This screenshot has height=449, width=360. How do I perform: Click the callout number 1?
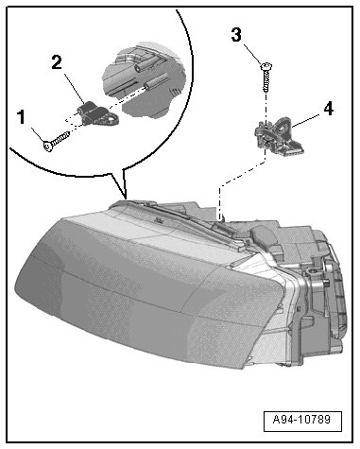(21, 117)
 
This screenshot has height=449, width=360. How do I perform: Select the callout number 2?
(57, 63)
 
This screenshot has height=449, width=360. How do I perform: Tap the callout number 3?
(236, 35)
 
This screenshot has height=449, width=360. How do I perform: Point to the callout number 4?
(328, 109)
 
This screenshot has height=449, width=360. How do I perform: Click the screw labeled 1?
(56, 141)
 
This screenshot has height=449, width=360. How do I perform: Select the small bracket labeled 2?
(97, 113)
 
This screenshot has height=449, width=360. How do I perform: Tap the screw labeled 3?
(266, 77)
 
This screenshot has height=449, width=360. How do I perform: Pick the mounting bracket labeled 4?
(279, 137)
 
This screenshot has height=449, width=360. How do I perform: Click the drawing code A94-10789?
(301, 420)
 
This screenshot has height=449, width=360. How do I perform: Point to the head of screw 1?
(48, 147)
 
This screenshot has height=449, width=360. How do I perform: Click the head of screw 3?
(266, 66)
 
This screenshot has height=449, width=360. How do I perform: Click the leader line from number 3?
(253, 56)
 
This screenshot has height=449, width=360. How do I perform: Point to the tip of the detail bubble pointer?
(126, 199)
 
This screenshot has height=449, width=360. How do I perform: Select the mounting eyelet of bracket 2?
(112, 119)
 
